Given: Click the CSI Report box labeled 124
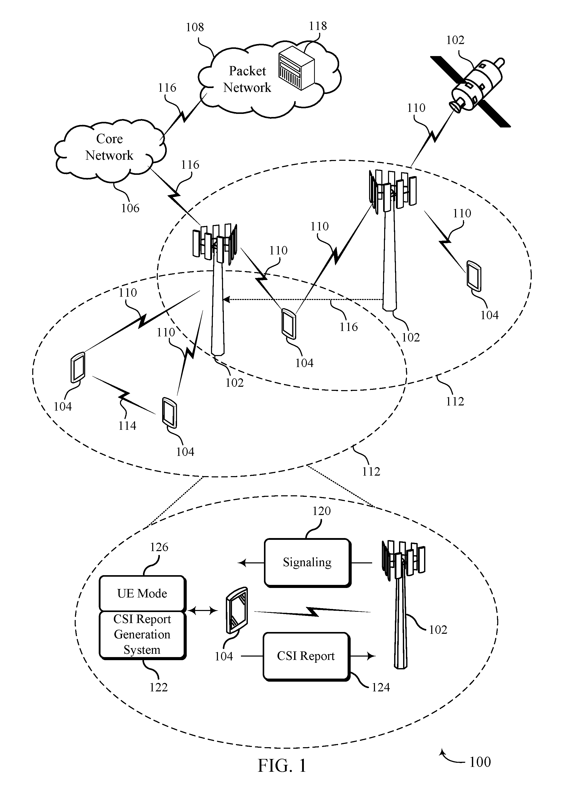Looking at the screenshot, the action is tap(306, 657).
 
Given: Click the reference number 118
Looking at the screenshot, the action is tap(318, 26).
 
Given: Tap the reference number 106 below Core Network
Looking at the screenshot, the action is tap(130, 208).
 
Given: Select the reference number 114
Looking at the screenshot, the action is tap(127, 426).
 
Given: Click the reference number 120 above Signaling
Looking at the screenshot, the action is tap(321, 511).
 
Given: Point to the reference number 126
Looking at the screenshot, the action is tap(159, 547).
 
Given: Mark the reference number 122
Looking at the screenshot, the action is tap(159, 687).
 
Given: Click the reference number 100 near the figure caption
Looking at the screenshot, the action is tap(480, 762).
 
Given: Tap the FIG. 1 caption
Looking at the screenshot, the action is tap(282, 766).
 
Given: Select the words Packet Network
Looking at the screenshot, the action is tap(247, 79).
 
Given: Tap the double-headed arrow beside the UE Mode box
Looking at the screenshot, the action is tap(203, 611).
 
